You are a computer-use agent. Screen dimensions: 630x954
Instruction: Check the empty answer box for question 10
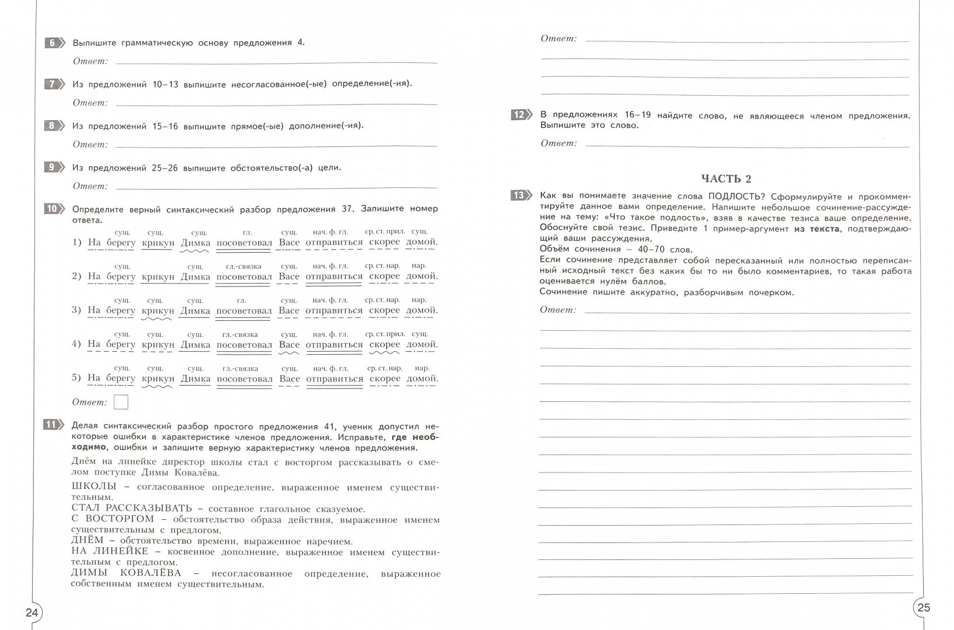click(121, 402)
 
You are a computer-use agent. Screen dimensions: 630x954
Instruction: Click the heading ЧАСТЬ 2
click(726, 178)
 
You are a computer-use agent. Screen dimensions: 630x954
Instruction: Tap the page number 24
click(31, 612)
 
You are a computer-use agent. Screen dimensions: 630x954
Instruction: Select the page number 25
click(924, 607)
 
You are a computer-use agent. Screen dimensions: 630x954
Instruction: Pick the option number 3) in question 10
click(76, 310)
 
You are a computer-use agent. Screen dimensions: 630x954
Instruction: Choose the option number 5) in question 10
click(76, 378)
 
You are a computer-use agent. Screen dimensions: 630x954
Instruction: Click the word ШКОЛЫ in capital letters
click(93, 487)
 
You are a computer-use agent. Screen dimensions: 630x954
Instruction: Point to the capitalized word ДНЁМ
click(87, 540)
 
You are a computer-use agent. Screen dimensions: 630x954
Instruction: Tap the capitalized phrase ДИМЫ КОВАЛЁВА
click(134, 573)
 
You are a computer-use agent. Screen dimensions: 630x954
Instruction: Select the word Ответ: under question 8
click(90, 144)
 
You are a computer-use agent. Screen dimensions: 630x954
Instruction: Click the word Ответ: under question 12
click(558, 143)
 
